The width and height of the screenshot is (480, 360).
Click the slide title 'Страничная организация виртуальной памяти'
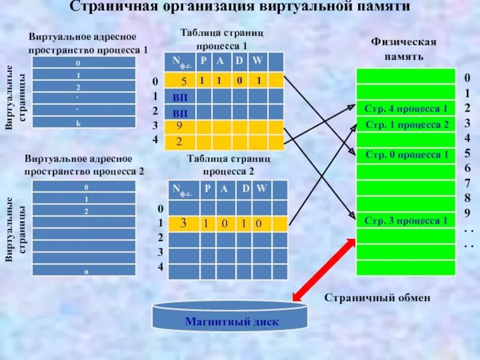tap(241, 7)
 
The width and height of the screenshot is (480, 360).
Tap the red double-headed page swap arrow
tap(324, 269)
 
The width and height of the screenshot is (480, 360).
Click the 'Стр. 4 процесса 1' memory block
tap(406, 109)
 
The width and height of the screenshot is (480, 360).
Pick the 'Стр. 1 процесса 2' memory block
tap(406, 125)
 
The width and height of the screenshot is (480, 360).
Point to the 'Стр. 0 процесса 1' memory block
tap(406, 155)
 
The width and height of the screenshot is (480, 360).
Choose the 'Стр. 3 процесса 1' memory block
tap(406, 220)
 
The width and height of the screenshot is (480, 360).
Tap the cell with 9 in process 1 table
tap(180, 127)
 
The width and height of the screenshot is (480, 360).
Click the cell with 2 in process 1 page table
tap(179, 142)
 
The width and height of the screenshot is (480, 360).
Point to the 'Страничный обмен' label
tap(377, 297)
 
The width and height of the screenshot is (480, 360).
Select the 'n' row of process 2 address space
tap(84, 270)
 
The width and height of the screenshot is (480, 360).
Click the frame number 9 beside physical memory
tap(467, 212)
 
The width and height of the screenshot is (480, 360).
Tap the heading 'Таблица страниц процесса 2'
tap(229, 164)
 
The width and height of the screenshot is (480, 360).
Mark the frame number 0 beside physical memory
tap(467, 77)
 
